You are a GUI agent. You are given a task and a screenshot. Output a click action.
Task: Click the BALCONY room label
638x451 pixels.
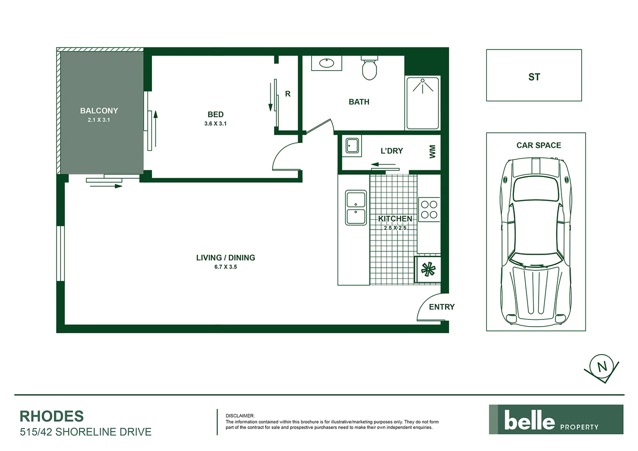coord(99,111)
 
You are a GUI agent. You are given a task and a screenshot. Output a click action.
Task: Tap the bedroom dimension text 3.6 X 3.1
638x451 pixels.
coord(215,124)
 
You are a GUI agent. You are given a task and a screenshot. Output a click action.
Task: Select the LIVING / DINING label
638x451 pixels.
coord(225,258)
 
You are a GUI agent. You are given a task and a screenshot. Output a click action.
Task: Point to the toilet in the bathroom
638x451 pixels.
coord(369,69)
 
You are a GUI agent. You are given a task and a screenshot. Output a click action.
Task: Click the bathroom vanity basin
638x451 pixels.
coord(327,63)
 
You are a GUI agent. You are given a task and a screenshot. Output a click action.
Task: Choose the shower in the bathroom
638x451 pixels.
coord(423,103)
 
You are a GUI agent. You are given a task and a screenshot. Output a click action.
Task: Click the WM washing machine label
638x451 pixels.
coord(432,151)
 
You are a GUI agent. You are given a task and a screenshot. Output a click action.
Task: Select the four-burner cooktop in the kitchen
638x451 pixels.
coord(429,210)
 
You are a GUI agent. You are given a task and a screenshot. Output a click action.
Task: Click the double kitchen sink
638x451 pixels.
coord(356,208)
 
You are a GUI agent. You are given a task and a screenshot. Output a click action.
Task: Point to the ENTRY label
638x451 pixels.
coord(442,307)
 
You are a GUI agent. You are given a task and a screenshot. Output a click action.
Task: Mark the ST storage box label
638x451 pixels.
coord(534,77)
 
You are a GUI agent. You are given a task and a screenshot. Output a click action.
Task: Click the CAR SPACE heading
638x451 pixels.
coord(539,145)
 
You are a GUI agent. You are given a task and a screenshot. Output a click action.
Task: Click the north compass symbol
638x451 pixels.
coord(602,367)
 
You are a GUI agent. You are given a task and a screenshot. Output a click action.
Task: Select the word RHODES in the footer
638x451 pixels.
coord(52,416)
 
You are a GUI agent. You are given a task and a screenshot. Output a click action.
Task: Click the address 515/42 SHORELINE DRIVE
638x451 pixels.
coord(86,432)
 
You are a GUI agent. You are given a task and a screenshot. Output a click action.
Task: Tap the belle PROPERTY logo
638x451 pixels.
coord(556,420)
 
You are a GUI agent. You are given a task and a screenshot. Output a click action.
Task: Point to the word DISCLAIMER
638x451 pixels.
coord(240,416)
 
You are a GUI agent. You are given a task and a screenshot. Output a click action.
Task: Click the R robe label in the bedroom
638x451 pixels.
coord(288,94)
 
